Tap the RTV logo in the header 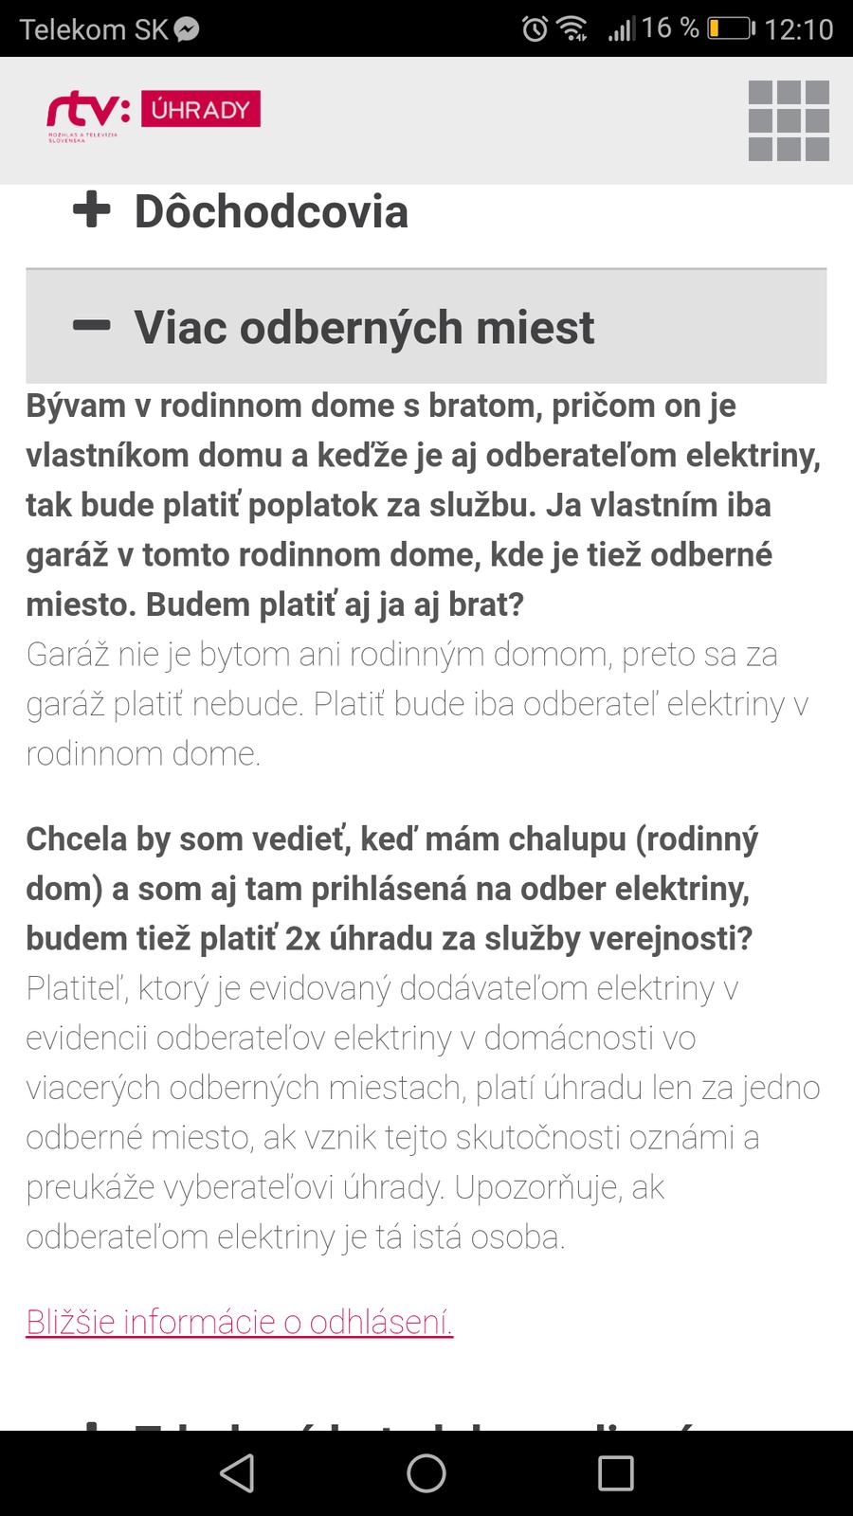click(x=88, y=115)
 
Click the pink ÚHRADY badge click(x=201, y=110)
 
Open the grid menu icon click(x=789, y=120)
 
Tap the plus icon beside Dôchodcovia click(x=92, y=210)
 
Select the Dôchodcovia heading click(x=271, y=211)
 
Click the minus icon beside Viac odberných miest click(x=92, y=326)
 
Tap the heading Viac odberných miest click(x=364, y=328)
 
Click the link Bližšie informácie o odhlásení click(x=240, y=1321)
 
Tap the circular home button click(x=426, y=1473)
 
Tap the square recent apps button click(x=615, y=1473)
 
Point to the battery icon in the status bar click(x=730, y=28)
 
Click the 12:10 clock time click(x=798, y=29)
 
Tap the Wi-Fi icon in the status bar click(x=573, y=29)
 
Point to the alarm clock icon click(x=535, y=29)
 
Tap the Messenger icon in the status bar click(x=187, y=29)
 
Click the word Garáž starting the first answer click(x=66, y=655)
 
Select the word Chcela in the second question click(x=77, y=839)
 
